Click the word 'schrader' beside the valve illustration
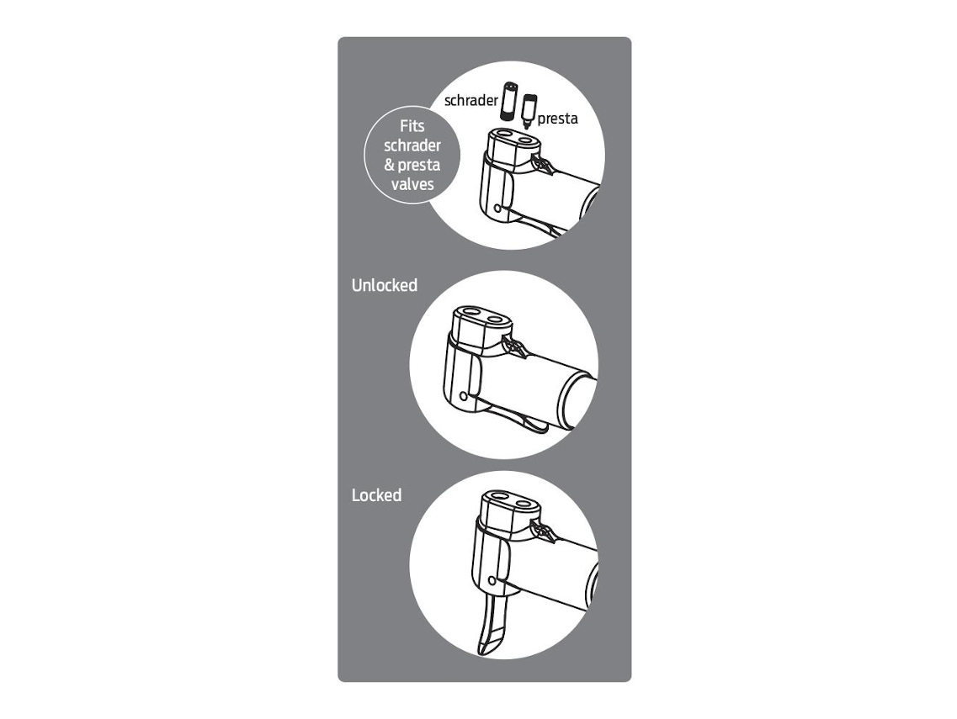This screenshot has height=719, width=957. (x=471, y=101)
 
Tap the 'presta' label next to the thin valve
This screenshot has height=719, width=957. (x=557, y=119)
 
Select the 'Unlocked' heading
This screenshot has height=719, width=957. (x=385, y=285)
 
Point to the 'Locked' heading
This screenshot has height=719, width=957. (x=376, y=495)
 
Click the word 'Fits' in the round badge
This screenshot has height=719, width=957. (x=412, y=126)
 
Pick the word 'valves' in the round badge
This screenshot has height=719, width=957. (x=412, y=184)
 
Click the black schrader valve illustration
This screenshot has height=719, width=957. (x=508, y=101)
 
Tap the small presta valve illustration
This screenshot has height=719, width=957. (x=529, y=110)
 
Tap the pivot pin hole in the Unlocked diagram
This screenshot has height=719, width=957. (x=464, y=396)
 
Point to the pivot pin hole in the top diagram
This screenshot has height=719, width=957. (x=497, y=209)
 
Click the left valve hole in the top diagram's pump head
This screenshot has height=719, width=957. (x=503, y=134)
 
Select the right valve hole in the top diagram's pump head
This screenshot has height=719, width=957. (x=524, y=140)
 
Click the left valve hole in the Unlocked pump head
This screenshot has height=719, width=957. (x=472, y=313)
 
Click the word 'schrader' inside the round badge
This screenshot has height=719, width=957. (x=412, y=145)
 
